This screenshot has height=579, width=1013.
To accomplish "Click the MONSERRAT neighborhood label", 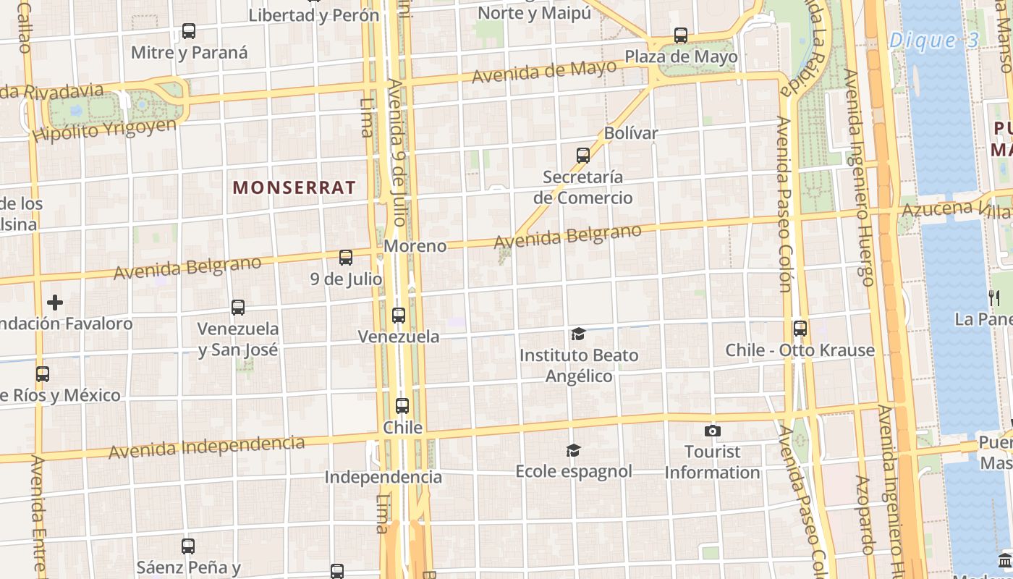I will pyautogui.click(x=294, y=187).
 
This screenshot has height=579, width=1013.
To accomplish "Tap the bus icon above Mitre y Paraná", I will pyautogui.click(x=189, y=31).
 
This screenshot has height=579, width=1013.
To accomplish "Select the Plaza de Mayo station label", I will pyautogui.click(x=681, y=56).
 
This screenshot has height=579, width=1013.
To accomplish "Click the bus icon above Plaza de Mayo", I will pyautogui.click(x=681, y=35).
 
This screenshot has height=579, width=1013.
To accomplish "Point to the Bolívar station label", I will pyautogui.click(x=631, y=133).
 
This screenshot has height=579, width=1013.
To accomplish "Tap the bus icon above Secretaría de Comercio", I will pyautogui.click(x=583, y=155).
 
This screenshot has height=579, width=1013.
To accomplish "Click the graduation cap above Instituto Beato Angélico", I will pyautogui.click(x=578, y=334).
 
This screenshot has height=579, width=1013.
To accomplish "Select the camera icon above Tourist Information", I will pyautogui.click(x=713, y=431).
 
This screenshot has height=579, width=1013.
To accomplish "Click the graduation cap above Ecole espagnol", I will pyautogui.click(x=573, y=450).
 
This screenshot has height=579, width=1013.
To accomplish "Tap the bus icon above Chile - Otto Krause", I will pyautogui.click(x=800, y=329).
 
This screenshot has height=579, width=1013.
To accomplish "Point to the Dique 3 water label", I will pyautogui.click(x=933, y=41).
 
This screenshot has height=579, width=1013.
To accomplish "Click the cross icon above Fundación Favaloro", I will pyautogui.click(x=55, y=302).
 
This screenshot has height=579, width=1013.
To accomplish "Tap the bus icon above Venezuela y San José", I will pyautogui.click(x=238, y=308).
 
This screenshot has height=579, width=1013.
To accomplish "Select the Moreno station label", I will pyautogui.click(x=415, y=246).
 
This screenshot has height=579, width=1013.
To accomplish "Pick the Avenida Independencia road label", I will pyautogui.click(x=206, y=447).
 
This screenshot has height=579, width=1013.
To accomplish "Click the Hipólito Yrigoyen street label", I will pyautogui.click(x=105, y=130).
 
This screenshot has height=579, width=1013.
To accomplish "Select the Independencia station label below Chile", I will pyautogui.click(x=383, y=477).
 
